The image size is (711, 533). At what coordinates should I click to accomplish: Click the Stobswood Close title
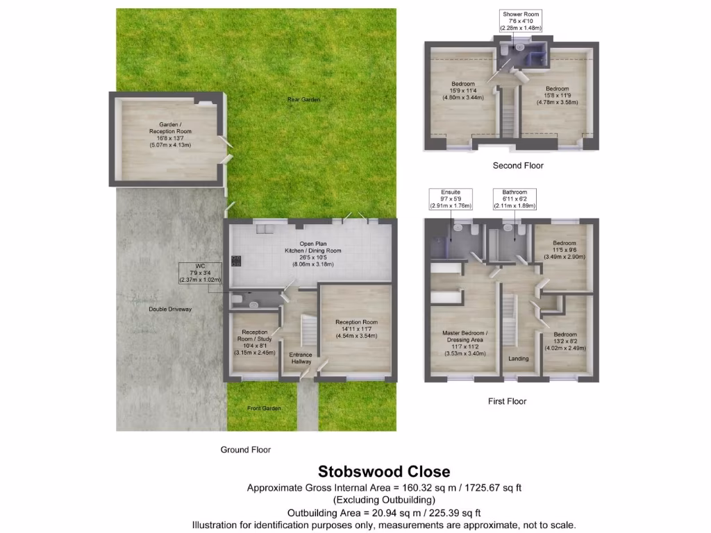pyautogui.click(x=384, y=473)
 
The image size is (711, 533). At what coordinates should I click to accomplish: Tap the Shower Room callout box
pyautogui.click(x=521, y=21)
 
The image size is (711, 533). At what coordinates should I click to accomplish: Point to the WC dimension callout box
pyautogui.click(x=201, y=273)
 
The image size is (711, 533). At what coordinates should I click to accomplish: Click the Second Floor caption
pyautogui.click(x=518, y=166)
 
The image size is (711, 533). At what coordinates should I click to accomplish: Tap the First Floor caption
pyautogui.click(x=508, y=401)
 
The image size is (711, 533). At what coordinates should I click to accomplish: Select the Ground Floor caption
pyautogui.click(x=246, y=450)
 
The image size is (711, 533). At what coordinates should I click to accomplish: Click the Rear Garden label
pyautogui.click(x=304, y=100)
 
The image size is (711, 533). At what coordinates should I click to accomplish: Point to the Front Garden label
pyautogui.click(x=265, y=409)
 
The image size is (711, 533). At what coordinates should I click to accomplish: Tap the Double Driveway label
pyautogui.click(x=170, y=309)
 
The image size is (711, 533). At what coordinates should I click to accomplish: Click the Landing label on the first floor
pyautogui.click(x=519, y=359)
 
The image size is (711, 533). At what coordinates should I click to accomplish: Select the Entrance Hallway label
pyautogui.click(x=301, y=358)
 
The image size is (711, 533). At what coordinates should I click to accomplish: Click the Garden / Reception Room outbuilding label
pyautogui.click(x=170, y=135)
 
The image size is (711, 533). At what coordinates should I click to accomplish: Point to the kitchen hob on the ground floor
pyautogui.click(x=235, y=261)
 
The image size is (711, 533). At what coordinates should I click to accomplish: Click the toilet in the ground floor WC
pyautogui.click(x=238, y=300)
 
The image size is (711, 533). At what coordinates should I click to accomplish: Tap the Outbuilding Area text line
pyautogui.click(x=384, y=513)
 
